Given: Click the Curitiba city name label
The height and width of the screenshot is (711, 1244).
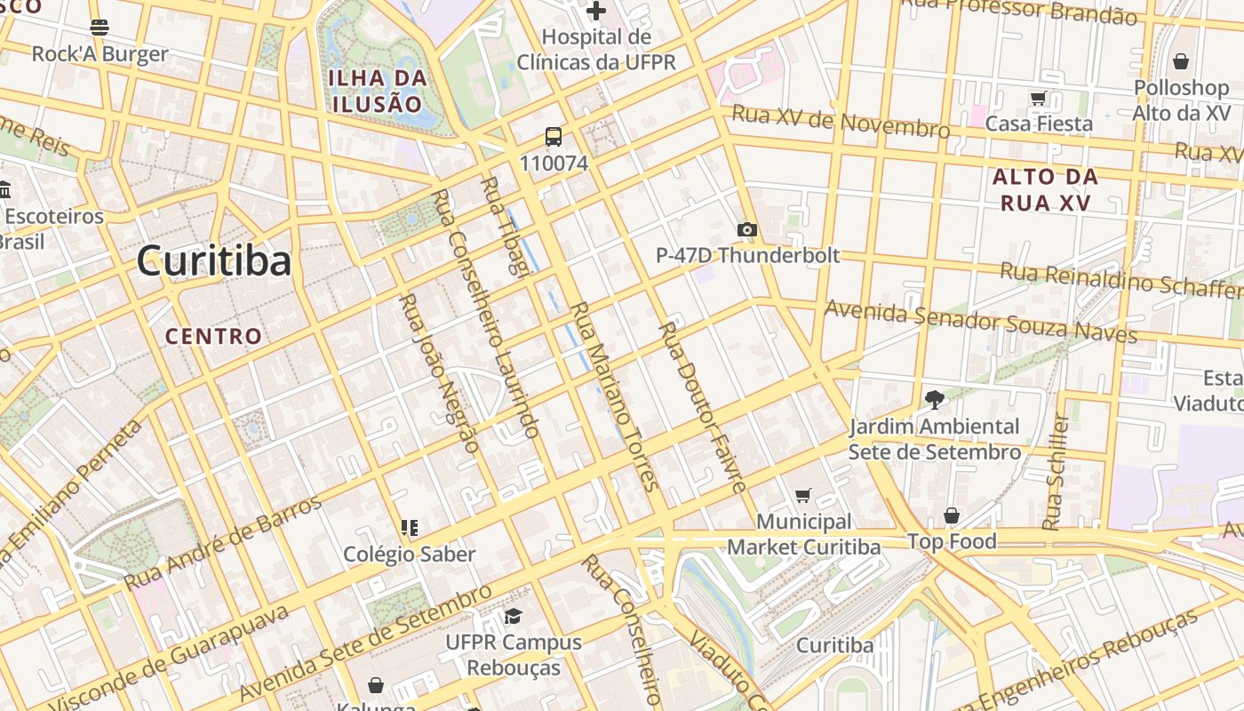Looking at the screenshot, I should coord(214,261).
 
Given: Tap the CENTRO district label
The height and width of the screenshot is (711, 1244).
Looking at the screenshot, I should coord(214,336).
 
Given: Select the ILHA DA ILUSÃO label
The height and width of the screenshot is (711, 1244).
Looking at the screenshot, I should coord(378,91).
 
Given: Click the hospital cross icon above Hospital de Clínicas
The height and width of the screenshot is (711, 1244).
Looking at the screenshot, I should coord(596,12).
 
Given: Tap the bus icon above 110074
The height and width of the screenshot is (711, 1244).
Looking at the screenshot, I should coord(554,137).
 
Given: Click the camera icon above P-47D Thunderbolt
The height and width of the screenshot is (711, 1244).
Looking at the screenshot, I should coord(747,230).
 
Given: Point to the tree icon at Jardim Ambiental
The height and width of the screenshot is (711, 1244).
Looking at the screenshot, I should coord(934,399).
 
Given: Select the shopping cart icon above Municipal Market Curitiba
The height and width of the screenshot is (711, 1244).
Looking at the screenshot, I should coord(803,495).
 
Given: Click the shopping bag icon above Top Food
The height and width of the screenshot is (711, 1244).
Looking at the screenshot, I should coord(952,515).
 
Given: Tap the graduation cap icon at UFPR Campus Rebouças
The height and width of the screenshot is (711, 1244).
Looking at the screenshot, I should coord(513,616).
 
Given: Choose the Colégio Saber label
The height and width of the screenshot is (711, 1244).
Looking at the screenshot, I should coord(410,554).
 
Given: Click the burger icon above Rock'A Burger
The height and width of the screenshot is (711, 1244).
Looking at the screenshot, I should coord(100,27).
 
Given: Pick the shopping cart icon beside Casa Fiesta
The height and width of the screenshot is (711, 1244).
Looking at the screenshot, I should coord(1038,98).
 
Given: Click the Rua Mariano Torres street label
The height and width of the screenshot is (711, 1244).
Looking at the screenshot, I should coord(613,396).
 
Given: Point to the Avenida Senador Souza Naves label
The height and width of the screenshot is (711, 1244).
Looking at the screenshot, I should coord(981,321).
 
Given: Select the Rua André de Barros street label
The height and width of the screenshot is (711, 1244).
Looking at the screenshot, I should coord(223,543).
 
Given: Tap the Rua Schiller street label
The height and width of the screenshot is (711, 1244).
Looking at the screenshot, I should coord(1057,472).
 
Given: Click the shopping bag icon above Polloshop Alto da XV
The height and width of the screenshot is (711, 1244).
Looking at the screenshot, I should coord(1181,61).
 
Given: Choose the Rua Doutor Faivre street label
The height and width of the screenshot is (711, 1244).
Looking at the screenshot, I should coord(702,407).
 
